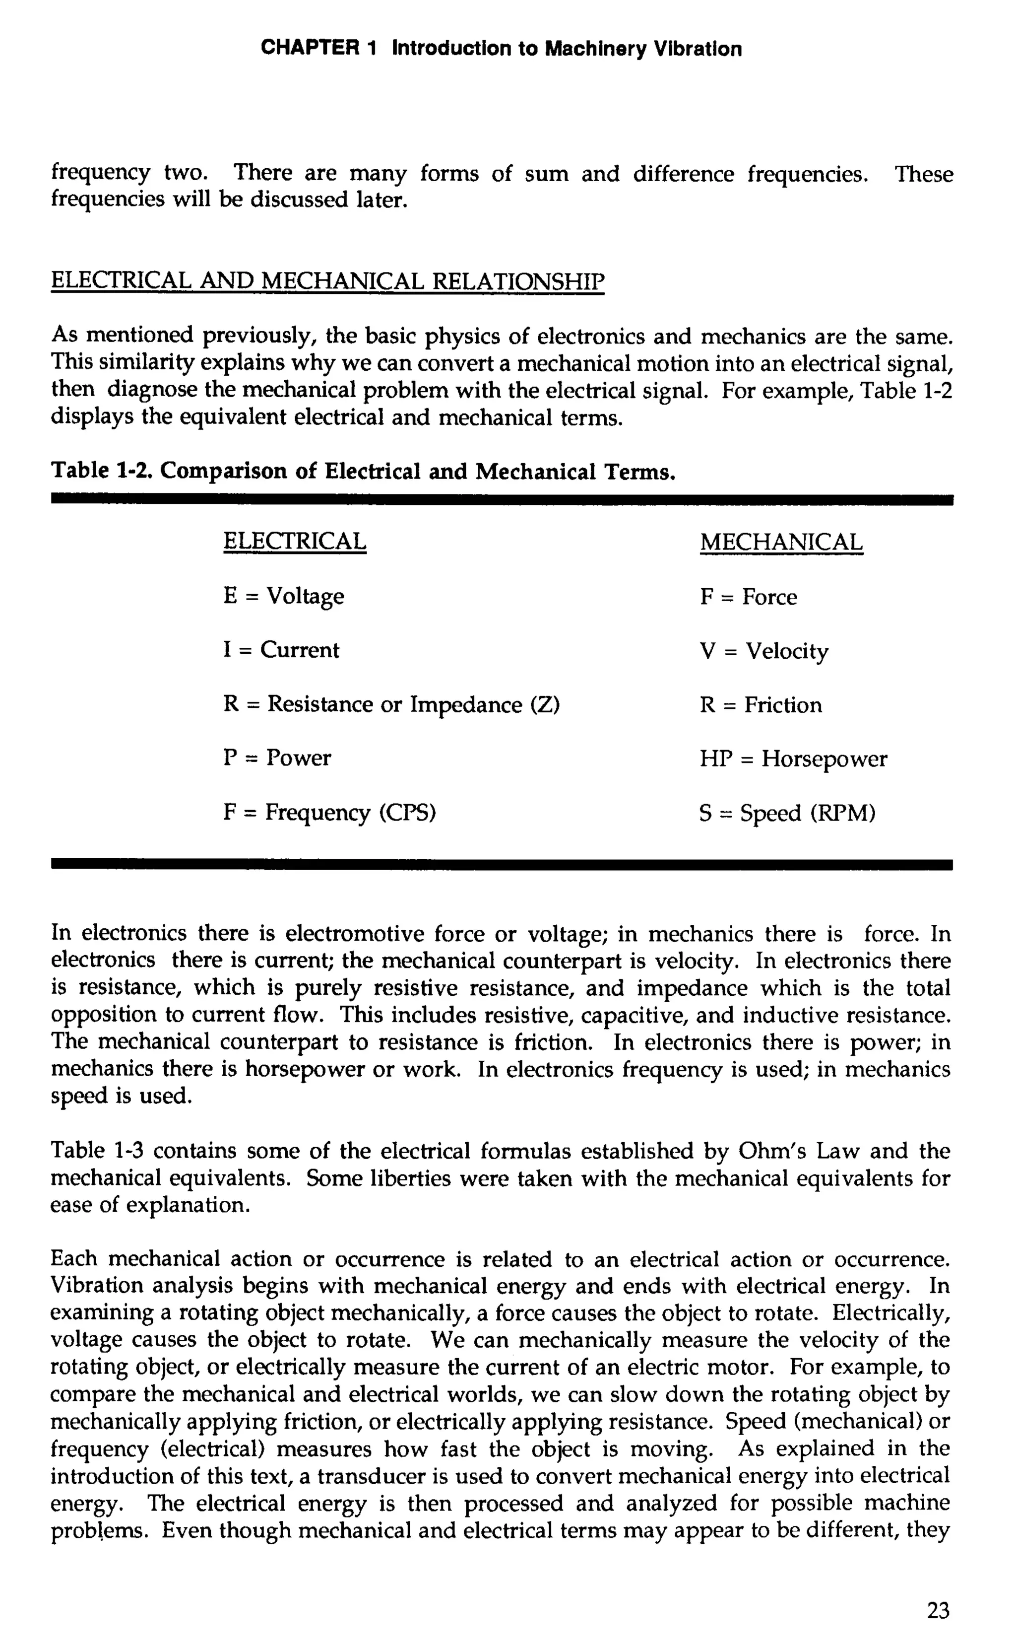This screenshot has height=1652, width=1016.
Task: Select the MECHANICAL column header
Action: (781, 542)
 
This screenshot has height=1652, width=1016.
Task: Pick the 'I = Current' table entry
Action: (281, 650)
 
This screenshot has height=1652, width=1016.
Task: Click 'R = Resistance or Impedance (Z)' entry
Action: (391, 705)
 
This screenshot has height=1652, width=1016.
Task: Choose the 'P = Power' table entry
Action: (277, 758)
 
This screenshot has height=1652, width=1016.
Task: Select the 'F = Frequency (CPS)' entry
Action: (329, 813)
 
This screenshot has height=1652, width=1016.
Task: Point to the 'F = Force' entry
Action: (748, 597)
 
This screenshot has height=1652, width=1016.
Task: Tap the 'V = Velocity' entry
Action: (763, 651)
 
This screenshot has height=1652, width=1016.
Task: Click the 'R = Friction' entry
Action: (760, 705)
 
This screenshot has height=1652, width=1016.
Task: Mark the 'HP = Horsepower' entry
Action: (792, 759)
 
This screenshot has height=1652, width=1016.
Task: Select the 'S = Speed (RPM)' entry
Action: (787, 814)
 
